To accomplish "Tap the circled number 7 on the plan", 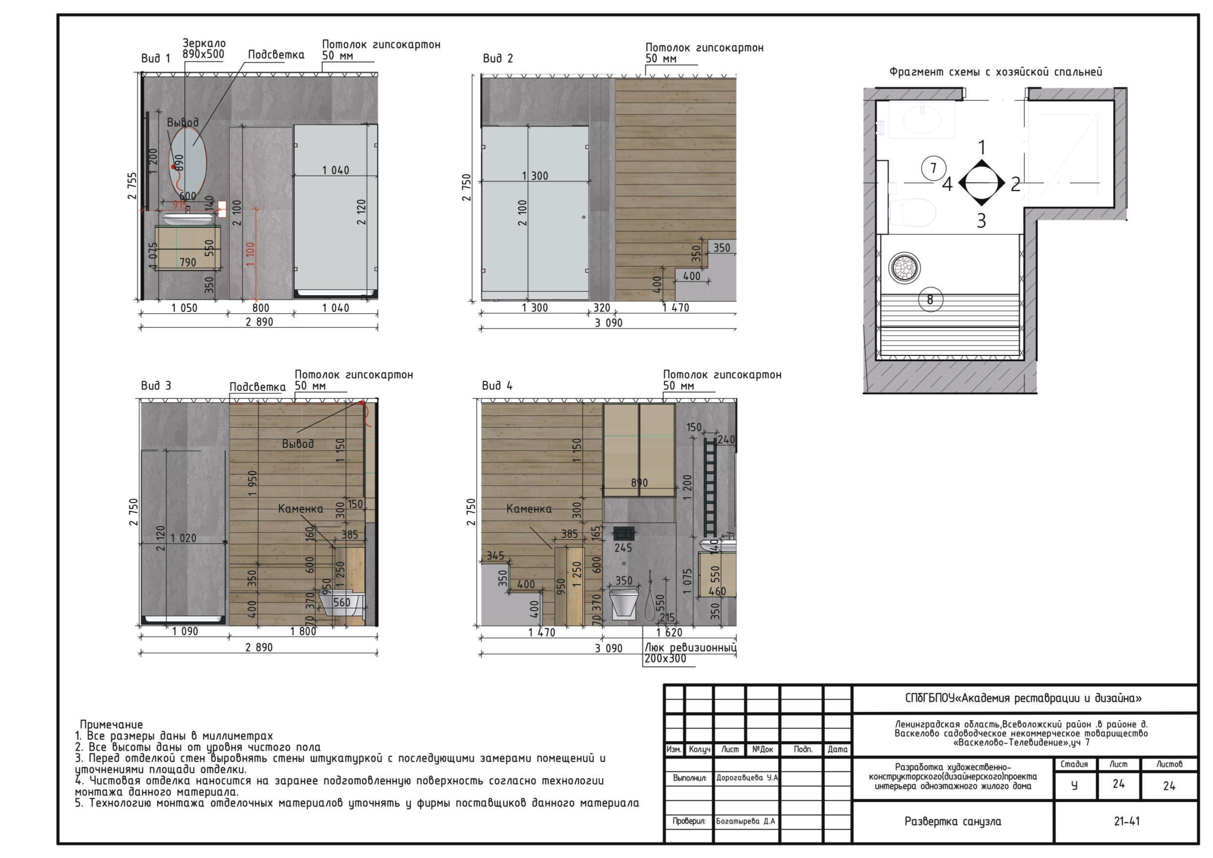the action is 933,168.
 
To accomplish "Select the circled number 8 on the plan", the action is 930,300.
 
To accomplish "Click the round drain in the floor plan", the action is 904,268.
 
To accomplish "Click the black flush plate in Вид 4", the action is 624,533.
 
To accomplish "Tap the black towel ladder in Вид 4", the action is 710,486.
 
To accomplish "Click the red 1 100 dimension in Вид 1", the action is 250,254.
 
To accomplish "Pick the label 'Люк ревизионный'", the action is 690,648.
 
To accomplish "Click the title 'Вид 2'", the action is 498,59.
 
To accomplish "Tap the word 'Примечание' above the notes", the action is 111,725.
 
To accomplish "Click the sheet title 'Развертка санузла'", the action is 952,821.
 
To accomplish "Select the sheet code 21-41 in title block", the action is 1126,821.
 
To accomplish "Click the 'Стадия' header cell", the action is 1074,764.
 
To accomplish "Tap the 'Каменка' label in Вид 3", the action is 301,509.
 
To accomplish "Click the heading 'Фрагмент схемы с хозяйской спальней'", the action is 995,72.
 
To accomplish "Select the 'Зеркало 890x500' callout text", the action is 204,48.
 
